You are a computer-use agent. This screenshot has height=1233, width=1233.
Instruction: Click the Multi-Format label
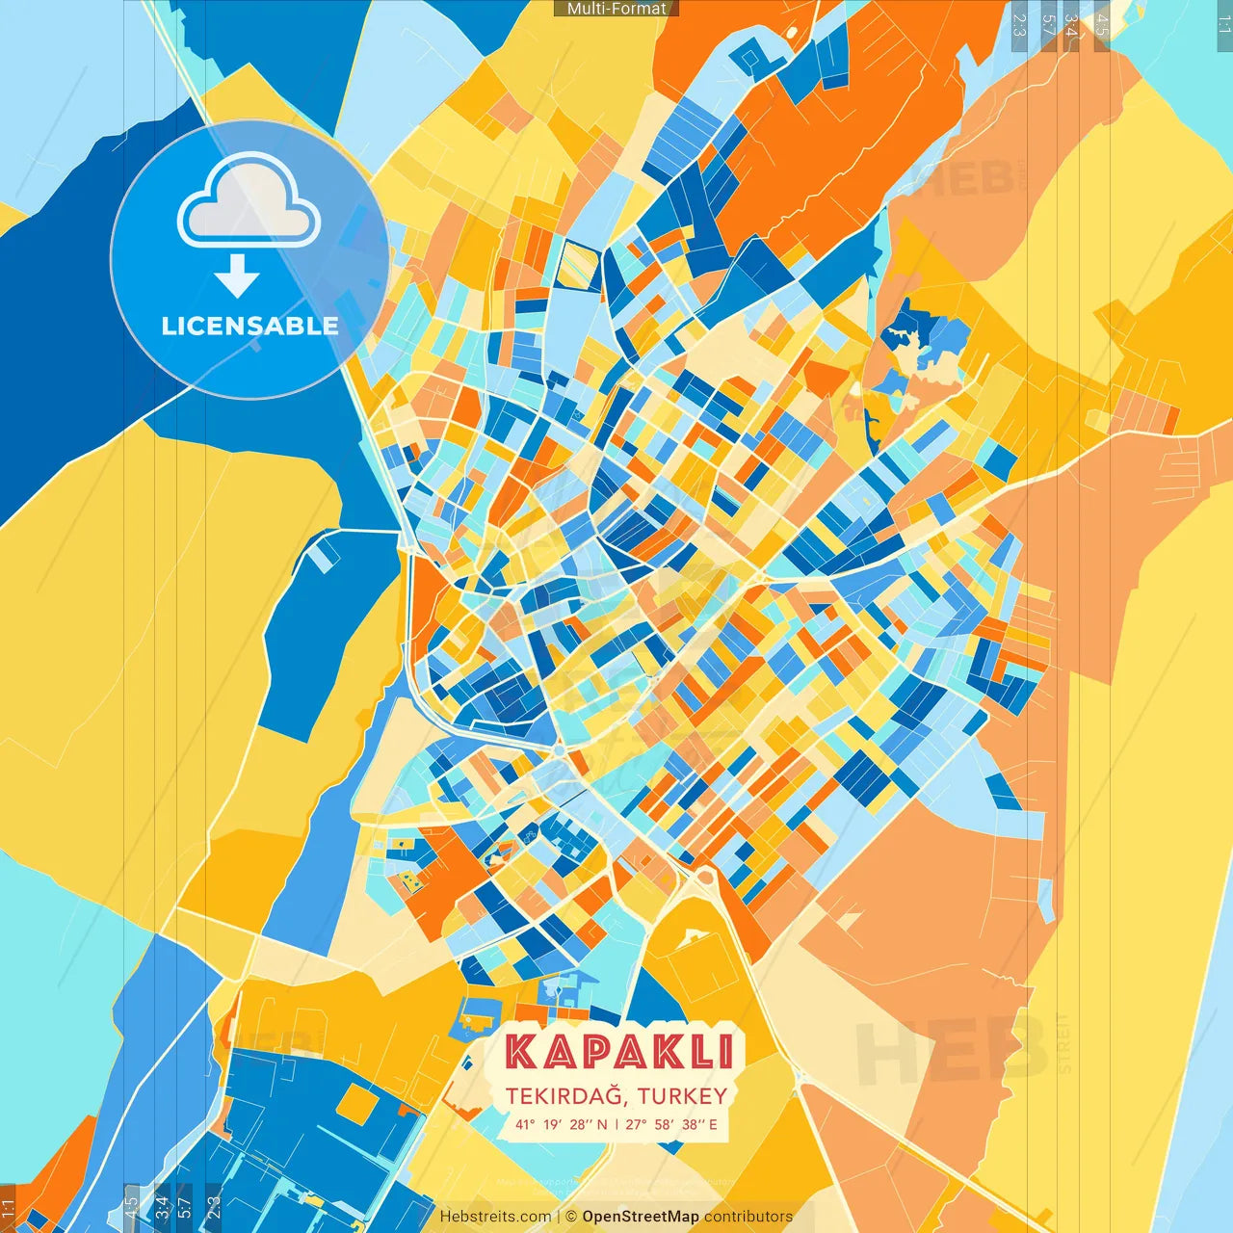[x=616, y=9]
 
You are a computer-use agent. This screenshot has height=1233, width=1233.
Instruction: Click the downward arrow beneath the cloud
[x=237, y=277]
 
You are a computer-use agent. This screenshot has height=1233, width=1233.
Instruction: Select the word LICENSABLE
[x=249, y=326]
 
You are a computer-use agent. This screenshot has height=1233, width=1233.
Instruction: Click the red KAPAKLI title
[x=619, y=1052]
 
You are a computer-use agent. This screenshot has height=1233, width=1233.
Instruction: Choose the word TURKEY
[x=682, y=1096]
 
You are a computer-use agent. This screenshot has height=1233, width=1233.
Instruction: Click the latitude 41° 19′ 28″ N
[x=561, y=1124]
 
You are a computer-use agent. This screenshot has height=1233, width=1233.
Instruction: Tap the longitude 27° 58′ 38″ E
[x=672, y=1124]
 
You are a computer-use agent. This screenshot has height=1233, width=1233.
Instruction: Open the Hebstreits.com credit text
[x=495, y=1217]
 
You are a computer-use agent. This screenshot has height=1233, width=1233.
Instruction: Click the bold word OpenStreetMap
[x=641, y=1217]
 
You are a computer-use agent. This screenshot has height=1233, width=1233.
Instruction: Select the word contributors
[x=748, y=1217]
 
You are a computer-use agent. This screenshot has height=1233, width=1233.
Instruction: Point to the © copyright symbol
[x=571, y=1217]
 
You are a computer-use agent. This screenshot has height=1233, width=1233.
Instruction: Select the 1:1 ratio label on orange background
[x=9, y=1209]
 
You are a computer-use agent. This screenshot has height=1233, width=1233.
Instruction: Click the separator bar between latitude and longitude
[x=616, y=1124]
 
